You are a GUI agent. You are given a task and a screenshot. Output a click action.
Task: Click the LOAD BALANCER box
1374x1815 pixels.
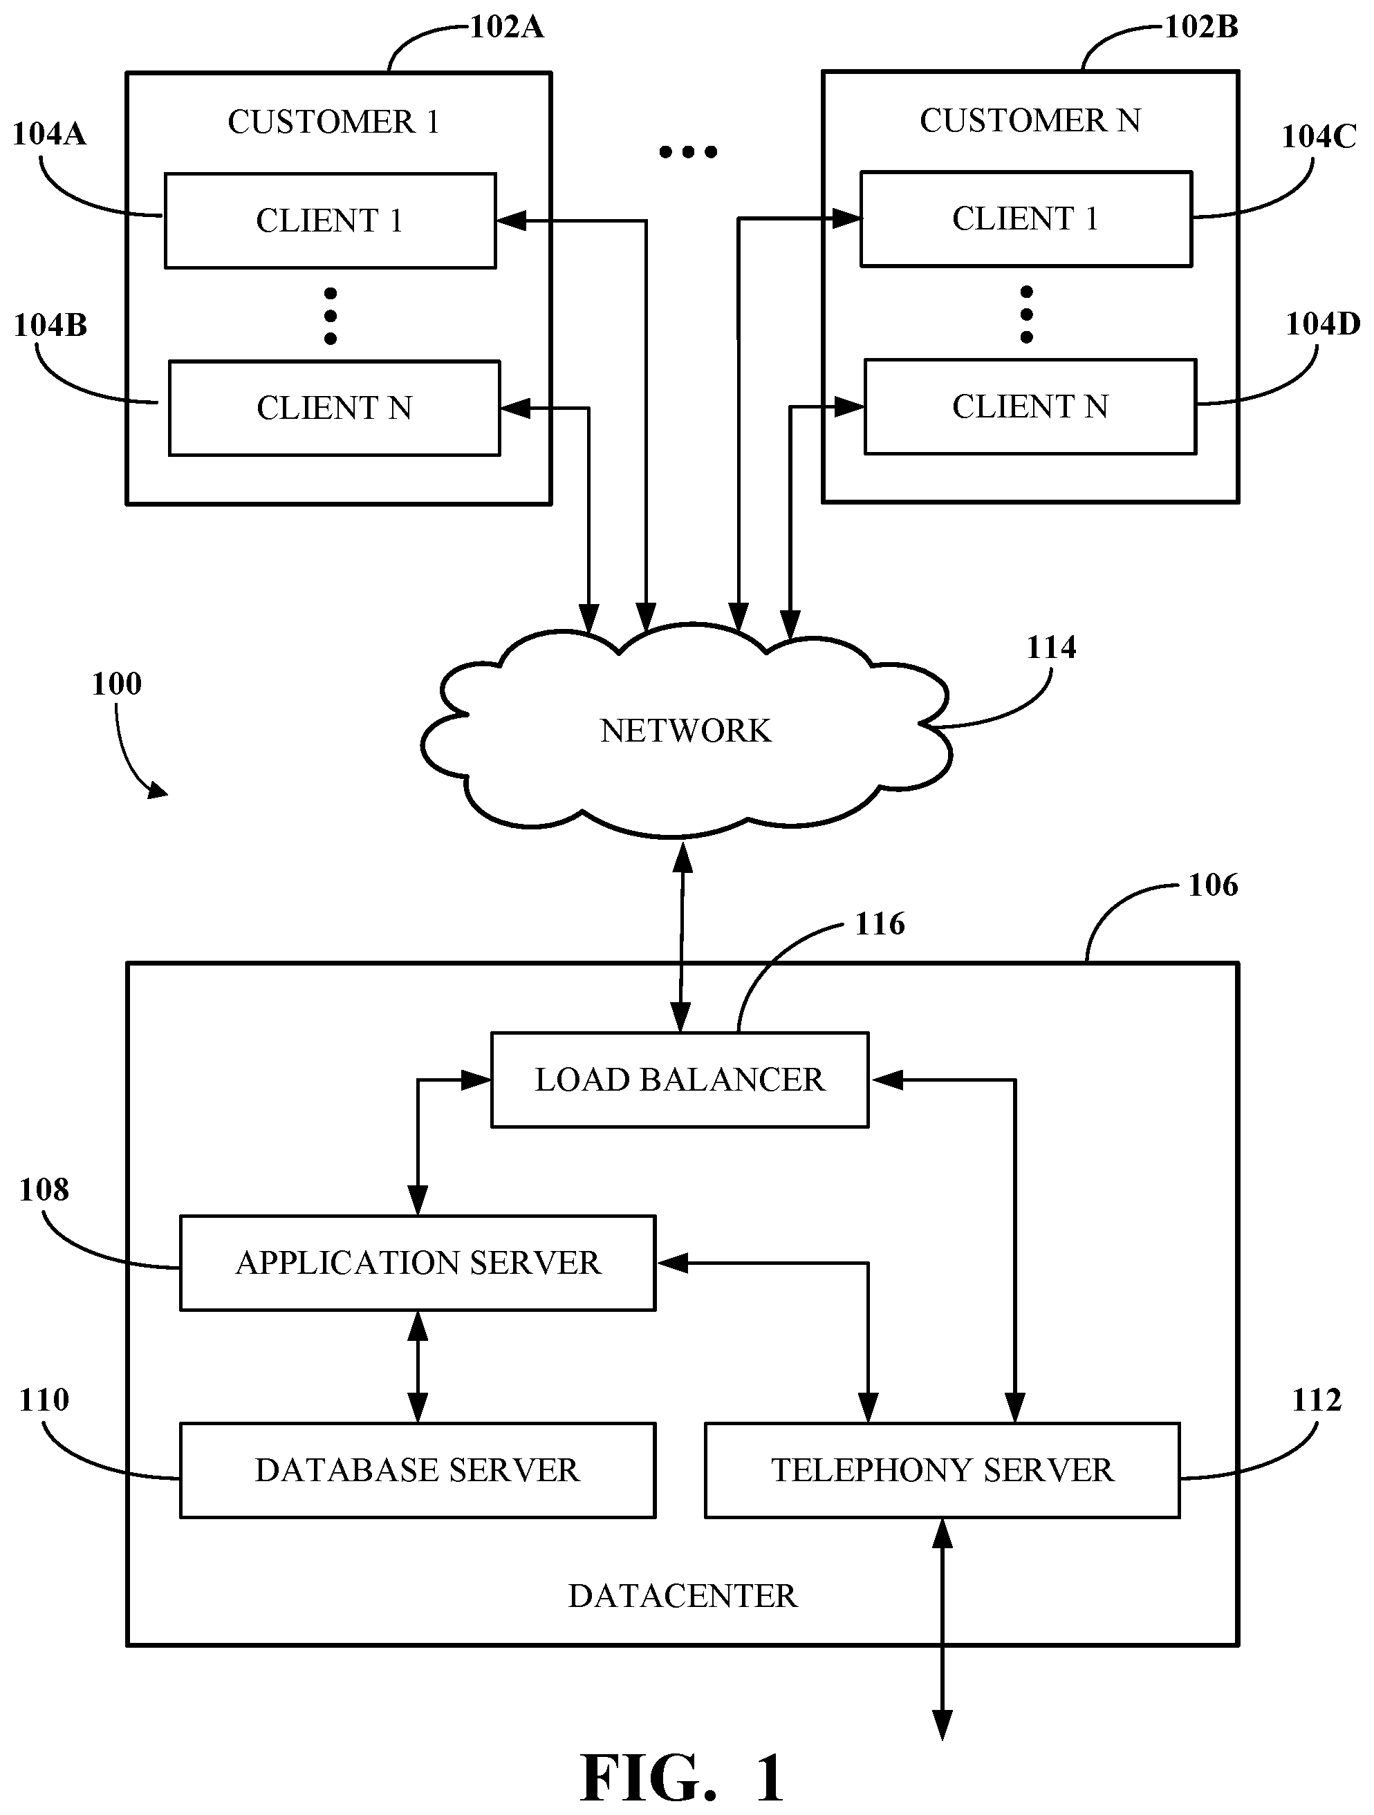pyautogui.click(x=680, y=1080)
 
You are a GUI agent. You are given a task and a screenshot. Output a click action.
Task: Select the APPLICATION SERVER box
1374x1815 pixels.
pyautogui.click(x=418, y=1263)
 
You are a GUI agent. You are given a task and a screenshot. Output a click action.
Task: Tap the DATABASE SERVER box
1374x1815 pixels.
pyautogui.click(x=418, y=1469)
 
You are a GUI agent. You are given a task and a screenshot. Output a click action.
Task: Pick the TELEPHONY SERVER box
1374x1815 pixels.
pyautogui.click(x=943, y=1469)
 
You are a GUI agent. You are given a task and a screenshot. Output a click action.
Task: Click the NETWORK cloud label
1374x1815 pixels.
pyautogui.click(x=685, y=731)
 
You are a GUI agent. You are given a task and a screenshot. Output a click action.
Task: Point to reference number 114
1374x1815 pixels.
pyautogui.click(x=1050, y=648)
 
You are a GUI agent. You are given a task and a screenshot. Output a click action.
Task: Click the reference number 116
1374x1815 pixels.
pyautogui.click(x=880, y=924)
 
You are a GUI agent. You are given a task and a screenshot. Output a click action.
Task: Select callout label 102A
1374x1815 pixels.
pyautogui.click(x=506, y=27)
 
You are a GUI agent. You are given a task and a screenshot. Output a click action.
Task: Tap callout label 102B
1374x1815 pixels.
pyautogui.click(x=1202, y=27)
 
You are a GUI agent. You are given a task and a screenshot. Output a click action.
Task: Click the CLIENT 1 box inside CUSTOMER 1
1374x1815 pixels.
pyautogui.click(x=330, y=220)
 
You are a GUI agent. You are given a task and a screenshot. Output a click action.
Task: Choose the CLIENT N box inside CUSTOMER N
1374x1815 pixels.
pyautogui.click(x=1030, y=407)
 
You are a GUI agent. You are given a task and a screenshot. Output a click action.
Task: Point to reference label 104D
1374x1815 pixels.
pyautogui.click(x=1322, y=325)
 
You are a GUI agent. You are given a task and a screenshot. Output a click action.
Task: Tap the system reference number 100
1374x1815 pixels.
pyautogui.click(x=117, y=684)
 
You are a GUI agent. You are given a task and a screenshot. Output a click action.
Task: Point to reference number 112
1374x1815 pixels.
pyautogui.click(x=1317, y=1399)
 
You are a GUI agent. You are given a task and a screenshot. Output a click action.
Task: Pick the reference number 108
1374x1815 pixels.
pyautogui.click(x=44, y=1189)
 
